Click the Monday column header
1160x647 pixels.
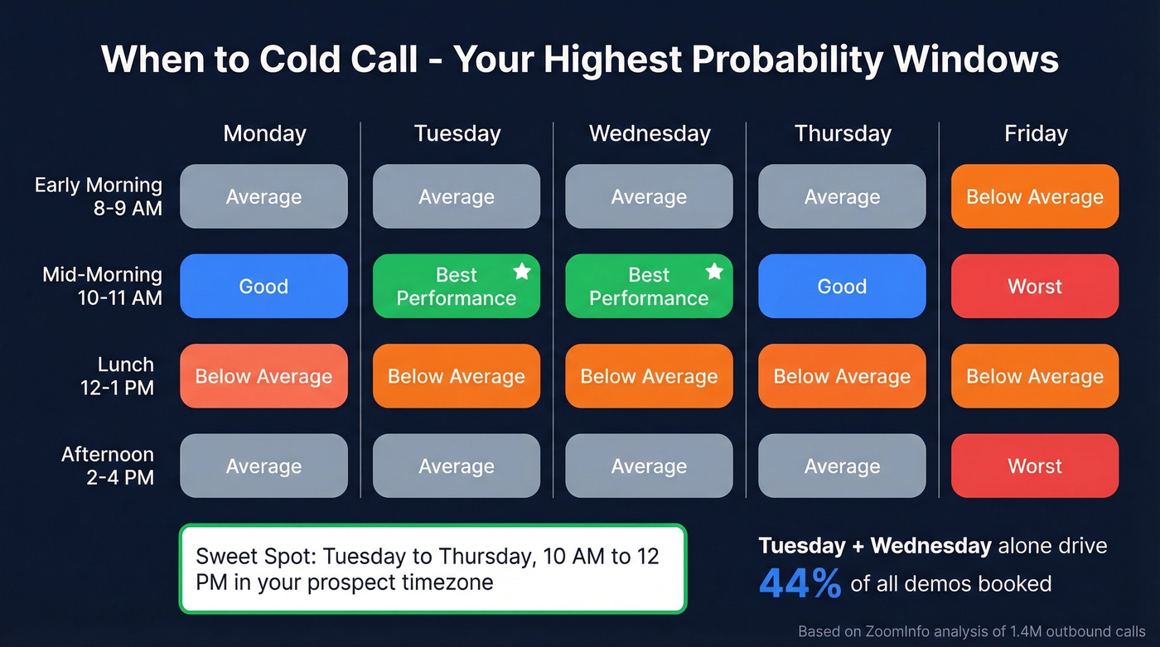[x=264, y=133]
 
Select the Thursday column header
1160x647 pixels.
[x=842, y=133]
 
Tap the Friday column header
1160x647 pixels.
[x=1035, y=133]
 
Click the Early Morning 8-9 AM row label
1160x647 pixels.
[x=98, y=196]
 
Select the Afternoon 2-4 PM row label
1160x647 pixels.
[x=107, y=466]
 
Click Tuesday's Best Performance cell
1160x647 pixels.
[x=456, y=286]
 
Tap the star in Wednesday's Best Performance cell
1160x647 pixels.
[x=714, y=272]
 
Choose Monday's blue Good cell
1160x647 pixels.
[x=263, y=286]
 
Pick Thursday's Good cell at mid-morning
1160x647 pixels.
[x=842, y=286]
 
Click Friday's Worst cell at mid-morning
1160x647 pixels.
[x=1035, y=286]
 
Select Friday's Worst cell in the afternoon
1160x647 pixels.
[x=1035, y=466]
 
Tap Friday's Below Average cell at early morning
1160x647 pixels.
[x=1035, y=196]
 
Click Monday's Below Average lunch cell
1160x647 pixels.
[x=263, y=376]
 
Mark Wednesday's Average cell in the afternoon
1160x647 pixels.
[x=649, y=466]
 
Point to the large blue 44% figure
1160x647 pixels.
[x=800, y=583]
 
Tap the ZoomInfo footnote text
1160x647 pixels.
[x=971, y=631]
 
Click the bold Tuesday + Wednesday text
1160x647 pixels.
[x=874, y=545]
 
